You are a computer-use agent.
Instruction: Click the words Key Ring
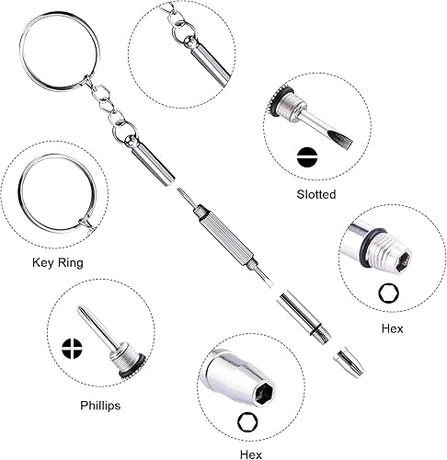tap(58, 263)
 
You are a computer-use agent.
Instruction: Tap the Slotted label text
tap(316, 194)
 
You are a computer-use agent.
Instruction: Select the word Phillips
tap(100, 406)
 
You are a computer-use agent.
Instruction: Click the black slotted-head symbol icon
tap(306, 157)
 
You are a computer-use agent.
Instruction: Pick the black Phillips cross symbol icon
tap(72, 349)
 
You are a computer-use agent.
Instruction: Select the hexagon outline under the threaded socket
tap(388, 293)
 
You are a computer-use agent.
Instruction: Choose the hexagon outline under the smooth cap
tap(247, 422)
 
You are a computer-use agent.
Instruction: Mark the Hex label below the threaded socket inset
tap(392, 328)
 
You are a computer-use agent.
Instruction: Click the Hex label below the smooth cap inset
tap(251, 454)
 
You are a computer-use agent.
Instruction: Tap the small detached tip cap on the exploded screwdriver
tap(349, 362)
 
